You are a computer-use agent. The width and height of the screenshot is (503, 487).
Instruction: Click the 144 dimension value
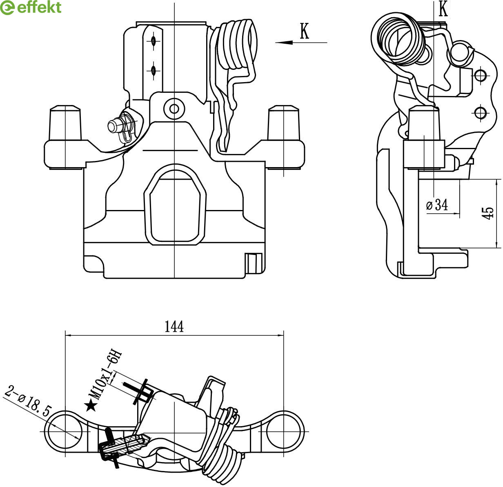pos(174,326)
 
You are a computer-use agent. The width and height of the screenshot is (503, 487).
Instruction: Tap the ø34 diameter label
pos(436,205)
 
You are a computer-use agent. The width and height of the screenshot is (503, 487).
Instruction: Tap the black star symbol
pos(91,406)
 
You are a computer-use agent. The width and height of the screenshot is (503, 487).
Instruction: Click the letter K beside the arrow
pos(304,31)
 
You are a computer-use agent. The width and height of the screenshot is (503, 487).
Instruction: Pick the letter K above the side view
pos(443,9)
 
